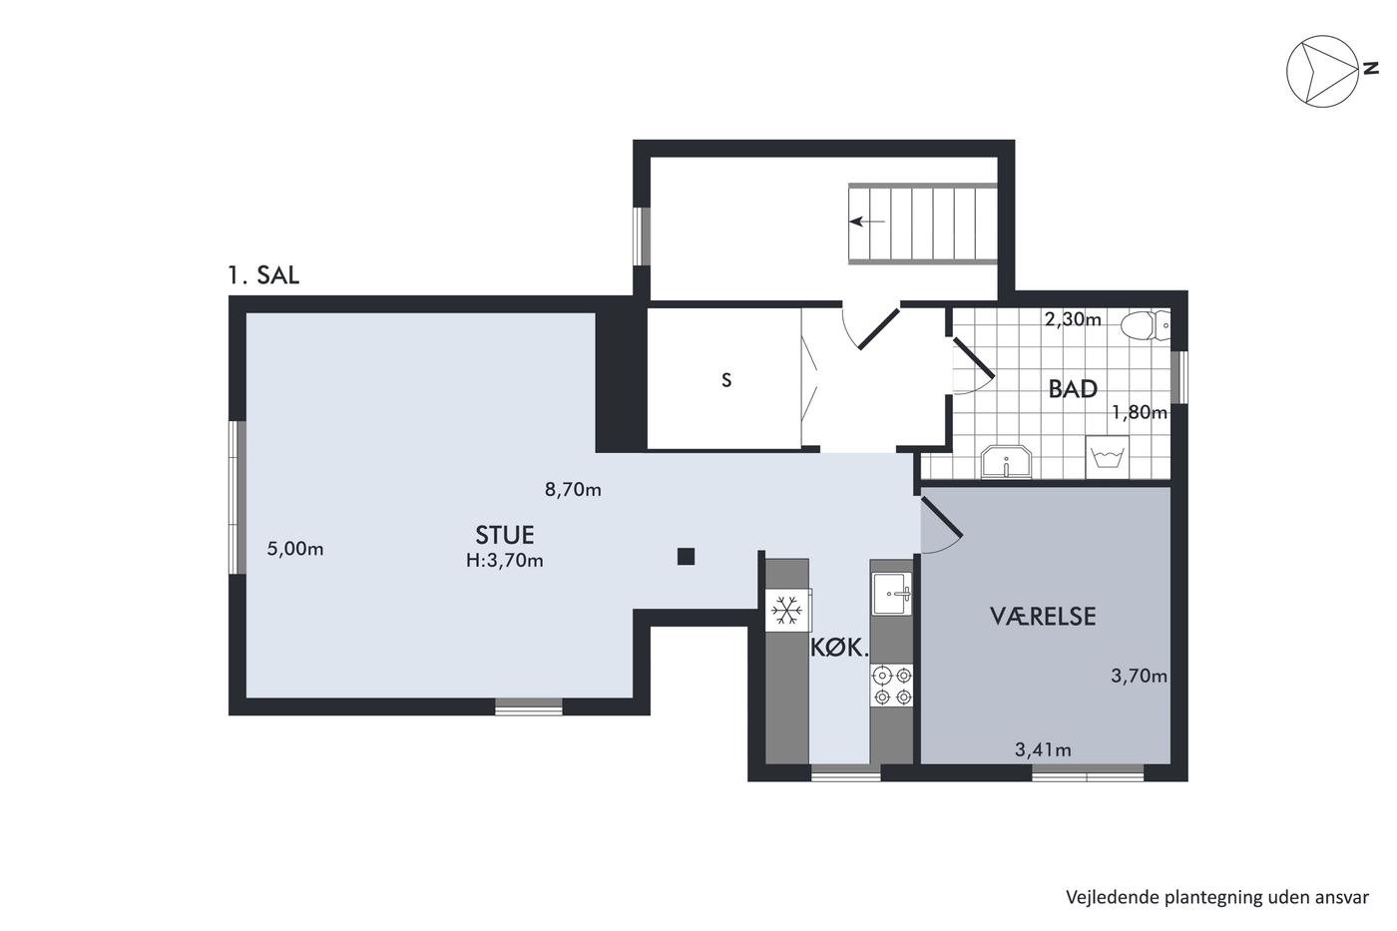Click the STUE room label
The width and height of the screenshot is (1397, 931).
click(x=505, y=535)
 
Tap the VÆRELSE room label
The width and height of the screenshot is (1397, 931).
click(x=1043, y=616)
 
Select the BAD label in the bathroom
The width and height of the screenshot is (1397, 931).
click(x=1073, y=389)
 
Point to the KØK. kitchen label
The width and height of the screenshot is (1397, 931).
click(x=839, y=649)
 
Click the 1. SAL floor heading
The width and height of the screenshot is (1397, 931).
click(x=263, y=275)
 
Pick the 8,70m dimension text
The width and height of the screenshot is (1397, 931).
click(x=573, y=490)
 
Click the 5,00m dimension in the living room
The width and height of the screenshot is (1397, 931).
click(x=295, y=549)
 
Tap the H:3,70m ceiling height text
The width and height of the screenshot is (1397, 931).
click(x=505, y=561)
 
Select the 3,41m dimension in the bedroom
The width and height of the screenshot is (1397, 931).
click(x=1043, y=749)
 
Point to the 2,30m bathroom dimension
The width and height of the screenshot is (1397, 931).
click(x=1073, y=319)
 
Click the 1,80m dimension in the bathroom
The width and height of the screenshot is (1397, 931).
click(x=1140, y=412)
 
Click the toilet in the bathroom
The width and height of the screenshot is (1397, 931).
click(x=1146, y=325)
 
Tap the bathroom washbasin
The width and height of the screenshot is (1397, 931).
click(x=1006, y=461)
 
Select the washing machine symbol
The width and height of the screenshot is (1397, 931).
click(x=1107, y=457)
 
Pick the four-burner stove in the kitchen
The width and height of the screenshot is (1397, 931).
click(x=892, y=686)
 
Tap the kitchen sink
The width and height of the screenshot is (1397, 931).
click(x=892, y=594)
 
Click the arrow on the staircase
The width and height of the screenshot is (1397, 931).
click(x=867, y=222)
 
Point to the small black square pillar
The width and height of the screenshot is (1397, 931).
click(x=687, y=556)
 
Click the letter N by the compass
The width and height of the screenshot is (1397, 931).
click(x=1370, y=69)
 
